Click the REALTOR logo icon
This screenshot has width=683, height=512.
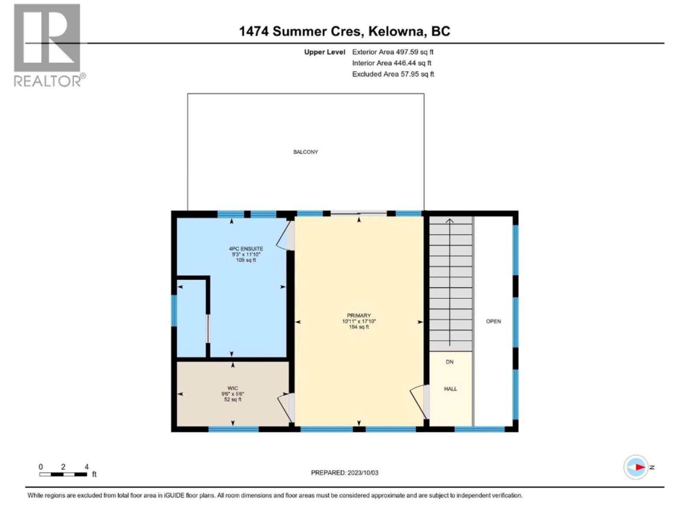pyautogui.click(x=47, y=38)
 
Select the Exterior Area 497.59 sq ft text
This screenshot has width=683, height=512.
pyautogui.click(x=393, y=52)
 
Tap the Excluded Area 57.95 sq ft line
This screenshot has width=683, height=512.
pyautogui.click(x=393, y=74)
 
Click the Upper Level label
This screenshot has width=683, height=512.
pyautogui.click(x=324, y=52)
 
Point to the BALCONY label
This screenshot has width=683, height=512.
pyautogui.click(x=306, y=152)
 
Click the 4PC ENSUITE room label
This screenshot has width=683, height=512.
pyautogui.click(x=246, y=249)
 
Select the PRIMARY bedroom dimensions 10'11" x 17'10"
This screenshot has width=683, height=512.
pyautogui.click(x=359, y=321)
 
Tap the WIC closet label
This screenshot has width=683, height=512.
pyautogui.click(x=233, y=388)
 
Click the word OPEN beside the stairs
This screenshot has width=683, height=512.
pyautogui.click(x=493, y=321)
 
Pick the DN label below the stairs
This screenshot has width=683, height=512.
pyautogui.click(x=449, y=362)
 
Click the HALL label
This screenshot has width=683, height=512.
pyautogui.click(x=450, y=389)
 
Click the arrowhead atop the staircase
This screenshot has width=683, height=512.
pyautogui.click(x=450, y=221)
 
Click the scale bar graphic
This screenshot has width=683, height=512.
pyautogui.click(x=63, y=474)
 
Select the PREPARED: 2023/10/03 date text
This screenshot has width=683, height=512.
pyautogui.click(x=344, y=473)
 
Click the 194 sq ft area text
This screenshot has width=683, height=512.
pyautogui.click(x=359, y=327)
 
